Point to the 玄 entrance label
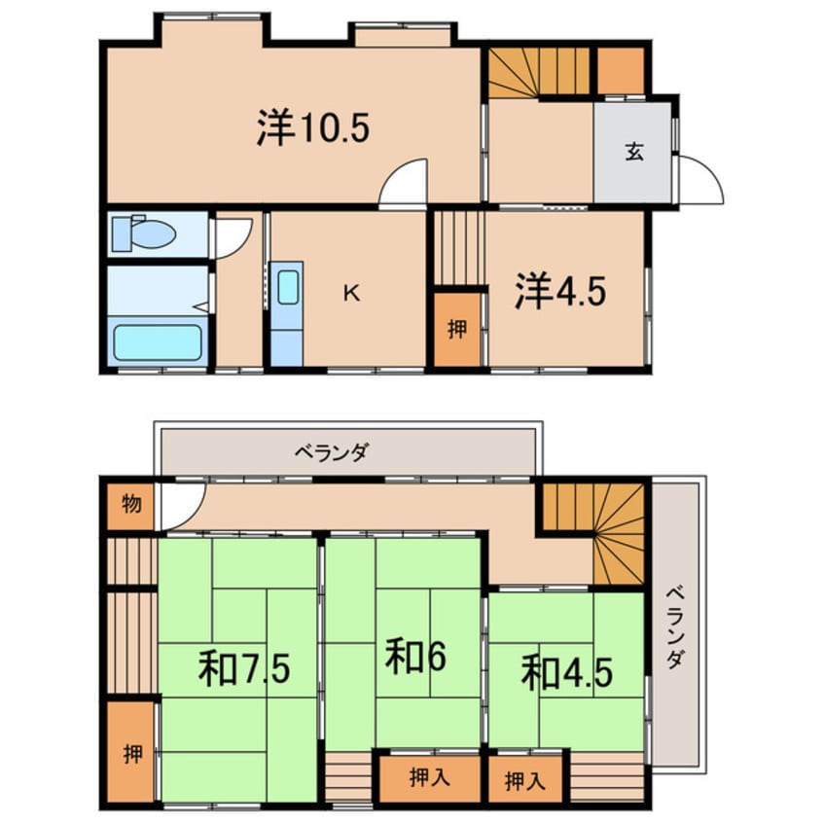pyautogui.click(x=633, y=152)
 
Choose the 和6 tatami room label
pyautogui.click(x=414, y=659)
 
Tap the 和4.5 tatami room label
pyautogui.click(x=566, y=672)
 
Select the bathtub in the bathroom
pyautogui.click(x=158, y=341)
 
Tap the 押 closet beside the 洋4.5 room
pyautogui.click(x=455, y=328)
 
